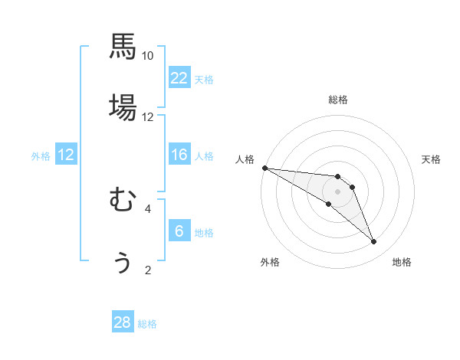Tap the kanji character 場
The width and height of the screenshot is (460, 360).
(123, 107)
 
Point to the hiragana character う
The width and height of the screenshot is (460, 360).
(123, 262)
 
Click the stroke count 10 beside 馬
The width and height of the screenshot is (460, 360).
(148, 56)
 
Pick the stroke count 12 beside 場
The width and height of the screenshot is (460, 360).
(148, 117)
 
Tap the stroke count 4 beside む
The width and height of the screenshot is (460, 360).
(148, 208)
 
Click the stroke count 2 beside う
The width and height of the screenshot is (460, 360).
(148, 270)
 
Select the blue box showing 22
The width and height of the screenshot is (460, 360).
(179, 78)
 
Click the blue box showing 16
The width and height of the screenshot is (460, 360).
(179, 155)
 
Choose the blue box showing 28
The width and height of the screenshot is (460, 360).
(123, 322)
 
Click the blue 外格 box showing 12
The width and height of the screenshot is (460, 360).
(66, 155)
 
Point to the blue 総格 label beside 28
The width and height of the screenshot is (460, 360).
(147, 324)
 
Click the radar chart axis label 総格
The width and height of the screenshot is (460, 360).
(338, 100)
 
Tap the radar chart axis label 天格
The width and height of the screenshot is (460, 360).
(432, 159)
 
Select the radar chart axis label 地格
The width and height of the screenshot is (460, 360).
(402, 262)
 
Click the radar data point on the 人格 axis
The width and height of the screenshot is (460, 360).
(264, 168)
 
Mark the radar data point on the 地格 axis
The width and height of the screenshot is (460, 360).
(374, 242)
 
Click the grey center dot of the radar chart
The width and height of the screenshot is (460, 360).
(337, 191)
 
